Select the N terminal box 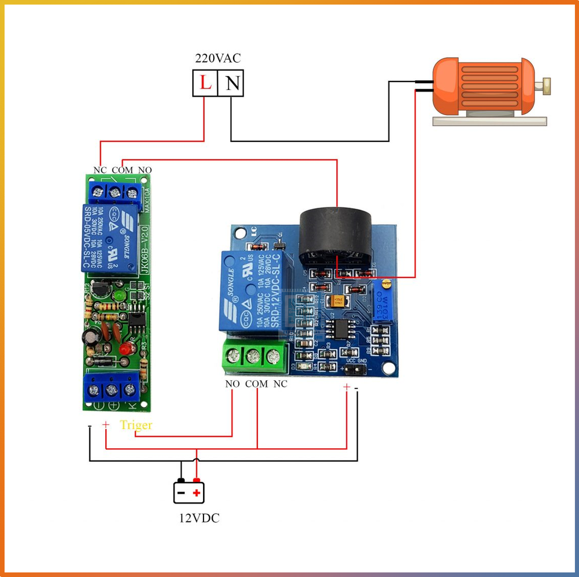point(232,84)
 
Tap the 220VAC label point(218,58)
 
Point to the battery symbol point(189,491)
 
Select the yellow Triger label point(136,425)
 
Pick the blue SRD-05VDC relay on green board point(110,238)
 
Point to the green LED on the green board point(119,296)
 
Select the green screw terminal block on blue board point(253,357)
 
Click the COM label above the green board point(122,170)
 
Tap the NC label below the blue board point(280,384)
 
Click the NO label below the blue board point(232,384)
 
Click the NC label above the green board point(100,170)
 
